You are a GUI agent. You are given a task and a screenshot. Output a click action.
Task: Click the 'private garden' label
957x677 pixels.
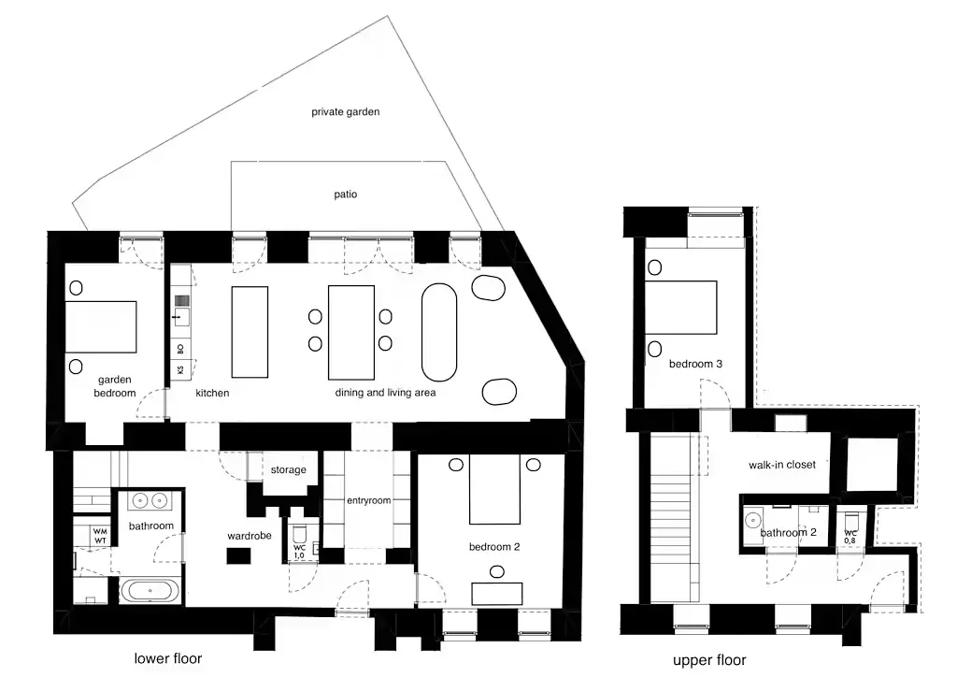[x=346, y=111]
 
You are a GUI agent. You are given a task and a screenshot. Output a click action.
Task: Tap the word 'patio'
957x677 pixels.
[x=346, y=194]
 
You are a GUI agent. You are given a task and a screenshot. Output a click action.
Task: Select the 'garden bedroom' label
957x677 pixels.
[x=115, y=386]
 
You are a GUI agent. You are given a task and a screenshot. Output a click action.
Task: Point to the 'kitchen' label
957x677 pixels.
[x=212, y=393]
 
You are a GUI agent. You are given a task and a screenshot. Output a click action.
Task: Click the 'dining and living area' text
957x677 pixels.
[x=385, y=393]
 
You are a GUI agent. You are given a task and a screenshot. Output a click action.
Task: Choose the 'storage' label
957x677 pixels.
[x=288, y=469]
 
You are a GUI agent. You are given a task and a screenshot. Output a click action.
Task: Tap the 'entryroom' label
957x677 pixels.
[x=368, y=500]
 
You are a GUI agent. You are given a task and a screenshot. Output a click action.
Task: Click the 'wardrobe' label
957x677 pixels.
[x=249, y=536]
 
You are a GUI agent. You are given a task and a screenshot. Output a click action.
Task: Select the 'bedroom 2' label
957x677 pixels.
[x=494, y=546]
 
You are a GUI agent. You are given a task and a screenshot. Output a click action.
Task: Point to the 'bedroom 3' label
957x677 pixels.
[x=695, y=364]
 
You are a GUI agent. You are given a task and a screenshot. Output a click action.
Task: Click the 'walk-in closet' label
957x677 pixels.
[x=782, y=465]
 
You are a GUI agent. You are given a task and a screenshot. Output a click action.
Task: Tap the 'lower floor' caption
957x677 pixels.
[x=168, y=658]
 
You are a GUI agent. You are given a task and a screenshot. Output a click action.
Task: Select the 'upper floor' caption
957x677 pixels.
[x=709, y=660]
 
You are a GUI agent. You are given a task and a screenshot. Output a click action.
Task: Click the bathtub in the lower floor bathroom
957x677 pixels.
[x=150, y=591]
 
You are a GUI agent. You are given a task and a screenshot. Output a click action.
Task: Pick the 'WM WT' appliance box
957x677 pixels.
[x=100, y=536]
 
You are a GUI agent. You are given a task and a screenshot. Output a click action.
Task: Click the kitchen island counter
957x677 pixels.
[x=250, y=331]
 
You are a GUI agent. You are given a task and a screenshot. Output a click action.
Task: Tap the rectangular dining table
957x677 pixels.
[x=351, y=333]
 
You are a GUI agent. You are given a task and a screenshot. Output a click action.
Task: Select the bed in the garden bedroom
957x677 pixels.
[x=101, y=326]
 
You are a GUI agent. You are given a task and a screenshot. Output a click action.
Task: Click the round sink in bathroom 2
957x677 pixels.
[x=752, y=520]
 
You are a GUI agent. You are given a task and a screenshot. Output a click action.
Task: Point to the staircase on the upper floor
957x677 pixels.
[x=671, y=518]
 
